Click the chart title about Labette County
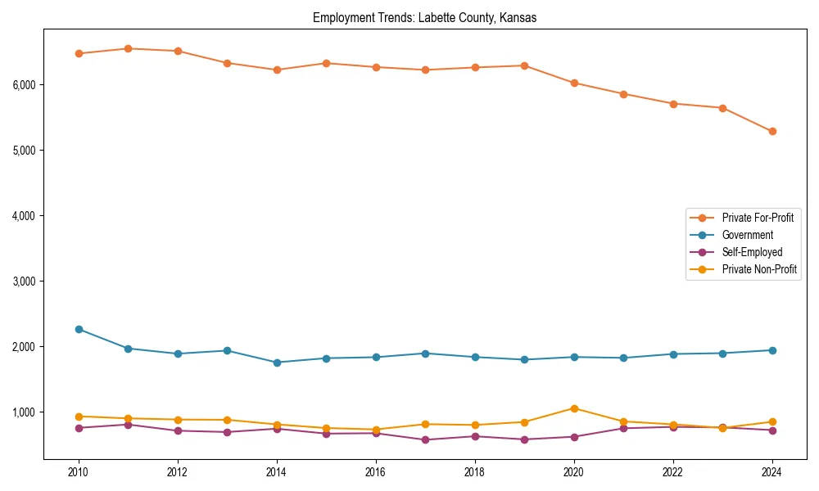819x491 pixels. coord(424,18)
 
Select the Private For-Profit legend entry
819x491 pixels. coord(758,218)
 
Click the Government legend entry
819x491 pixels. coord(747,235)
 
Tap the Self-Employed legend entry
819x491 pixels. coord(752,252)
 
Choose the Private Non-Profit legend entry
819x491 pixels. coord(759,269)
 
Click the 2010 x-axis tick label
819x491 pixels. coord(79,472)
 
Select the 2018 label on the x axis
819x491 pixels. coord(475,472)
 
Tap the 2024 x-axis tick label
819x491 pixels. coord(772,472)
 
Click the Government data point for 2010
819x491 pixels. coord(79,329)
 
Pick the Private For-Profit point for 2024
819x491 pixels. coord(772,131)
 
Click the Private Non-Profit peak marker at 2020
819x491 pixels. coord(574,408)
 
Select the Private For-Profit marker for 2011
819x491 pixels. coord(128,48)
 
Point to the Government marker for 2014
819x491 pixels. coord(277,363)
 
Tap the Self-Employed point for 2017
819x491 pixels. coord(425,440)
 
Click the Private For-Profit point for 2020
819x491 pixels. coord(574,83)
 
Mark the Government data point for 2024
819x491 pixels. coord(772,350)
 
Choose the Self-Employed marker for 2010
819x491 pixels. coord(79,428)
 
